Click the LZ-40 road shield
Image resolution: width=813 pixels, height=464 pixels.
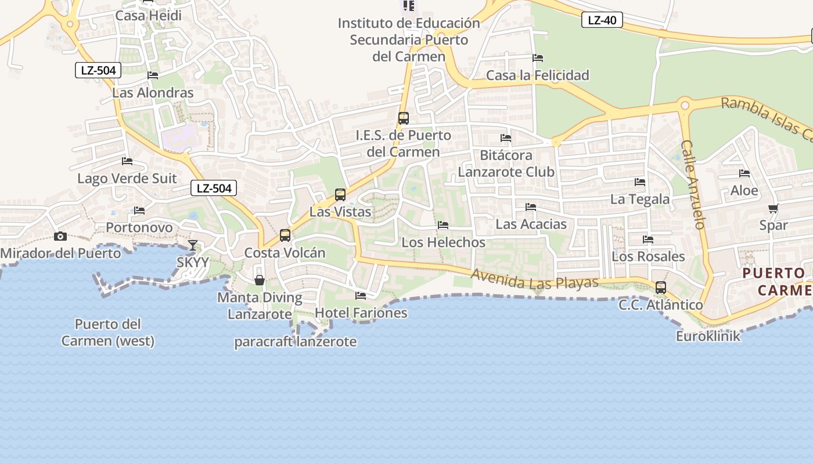click(602, 20)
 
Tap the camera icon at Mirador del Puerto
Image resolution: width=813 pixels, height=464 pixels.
click(60, 236)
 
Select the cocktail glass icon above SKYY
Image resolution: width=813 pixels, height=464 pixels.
click(193, 245)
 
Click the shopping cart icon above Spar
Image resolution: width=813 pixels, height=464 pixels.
click(773, 208)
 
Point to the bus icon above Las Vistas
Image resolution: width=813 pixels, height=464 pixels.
click(340, 195)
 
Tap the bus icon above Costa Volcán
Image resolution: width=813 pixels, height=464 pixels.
click(285, 235)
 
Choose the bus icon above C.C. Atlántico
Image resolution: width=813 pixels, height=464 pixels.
click(660, 288)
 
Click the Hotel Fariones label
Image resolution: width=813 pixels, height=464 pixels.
click(361, 313)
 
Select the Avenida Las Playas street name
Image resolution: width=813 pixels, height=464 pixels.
click(534, 280)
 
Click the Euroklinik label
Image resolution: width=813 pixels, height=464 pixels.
click(708, 336)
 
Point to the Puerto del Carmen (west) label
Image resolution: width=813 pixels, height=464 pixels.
click(108, 332)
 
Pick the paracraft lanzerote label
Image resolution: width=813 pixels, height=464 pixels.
click(295, 342)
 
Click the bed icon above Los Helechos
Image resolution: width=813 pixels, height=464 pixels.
click(443, 225)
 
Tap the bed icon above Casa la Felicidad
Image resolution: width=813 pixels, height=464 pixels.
click(538, 58)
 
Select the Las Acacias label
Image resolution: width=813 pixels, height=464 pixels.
click(531, 224)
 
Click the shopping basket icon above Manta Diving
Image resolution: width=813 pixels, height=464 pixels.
click(260, 281)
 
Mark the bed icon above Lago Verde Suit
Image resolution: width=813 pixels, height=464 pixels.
click(127, 161)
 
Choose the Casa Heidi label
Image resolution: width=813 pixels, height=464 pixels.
click(148, 16)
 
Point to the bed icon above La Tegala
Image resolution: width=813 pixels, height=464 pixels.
click(640, 182)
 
